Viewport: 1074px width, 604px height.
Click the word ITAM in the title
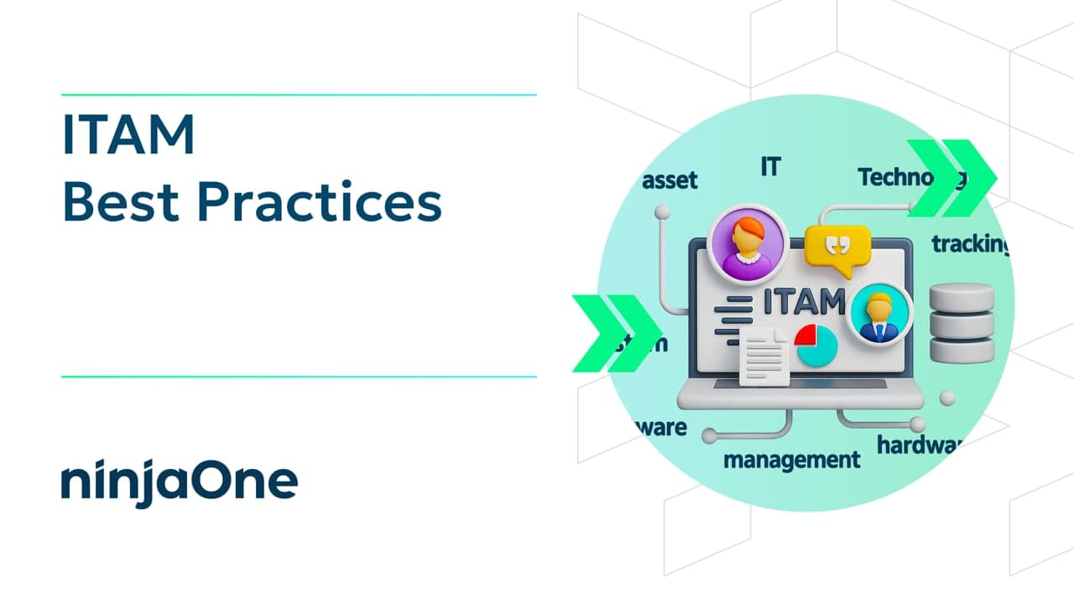coord(128,137)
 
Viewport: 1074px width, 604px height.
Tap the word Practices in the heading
coord(322,203)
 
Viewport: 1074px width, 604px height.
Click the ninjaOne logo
coord(179,482)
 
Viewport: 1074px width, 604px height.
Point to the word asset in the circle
coord(670,180)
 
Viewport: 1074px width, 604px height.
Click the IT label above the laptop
coord(769,167)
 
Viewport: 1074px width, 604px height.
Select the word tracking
coord(970,244)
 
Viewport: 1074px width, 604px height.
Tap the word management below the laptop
coord(791,460)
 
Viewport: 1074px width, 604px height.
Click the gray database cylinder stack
coord(962,324)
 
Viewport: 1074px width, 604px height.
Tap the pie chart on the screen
coord(816,345)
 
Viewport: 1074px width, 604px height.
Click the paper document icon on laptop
coord(764,356)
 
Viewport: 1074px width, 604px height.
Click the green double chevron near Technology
coord(951,179)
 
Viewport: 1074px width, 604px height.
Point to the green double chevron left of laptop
coord(615,333)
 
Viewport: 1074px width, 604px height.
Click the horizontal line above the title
coord(299,95)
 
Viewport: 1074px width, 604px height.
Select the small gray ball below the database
coord(947,398)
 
